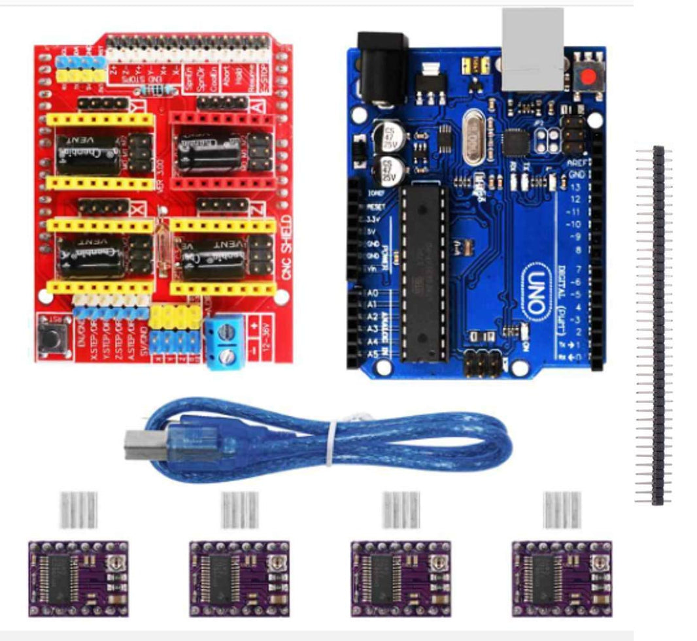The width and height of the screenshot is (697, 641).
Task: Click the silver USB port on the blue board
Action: point(532,49)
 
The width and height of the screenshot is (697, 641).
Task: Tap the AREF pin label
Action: point(576,162)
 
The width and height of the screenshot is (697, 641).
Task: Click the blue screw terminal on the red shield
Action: point(224,344)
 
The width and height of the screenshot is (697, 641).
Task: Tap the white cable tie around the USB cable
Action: point(333,442)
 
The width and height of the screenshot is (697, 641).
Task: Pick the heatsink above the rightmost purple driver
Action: point(562,510)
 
